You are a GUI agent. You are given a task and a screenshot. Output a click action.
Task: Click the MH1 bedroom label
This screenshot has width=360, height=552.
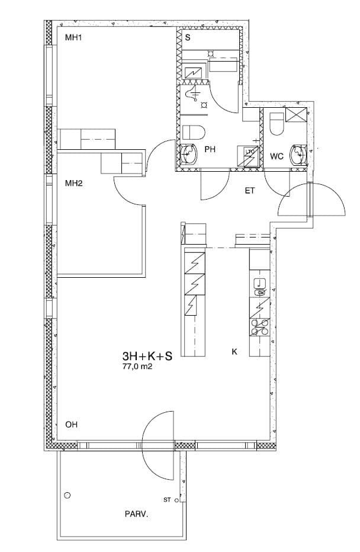click(x=73, y=38)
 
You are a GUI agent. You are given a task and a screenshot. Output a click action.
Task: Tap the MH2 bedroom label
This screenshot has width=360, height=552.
click(x=73, y=183)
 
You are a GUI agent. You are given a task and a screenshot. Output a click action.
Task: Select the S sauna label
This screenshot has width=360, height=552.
click(x=188, y=37)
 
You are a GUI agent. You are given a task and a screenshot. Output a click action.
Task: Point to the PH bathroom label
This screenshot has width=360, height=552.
click(x=210, y=149)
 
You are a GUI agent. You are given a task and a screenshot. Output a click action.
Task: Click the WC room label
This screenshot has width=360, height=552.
click(x=277, y=156)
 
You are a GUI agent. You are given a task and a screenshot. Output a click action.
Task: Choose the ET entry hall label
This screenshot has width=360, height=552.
click(x=250, y=191)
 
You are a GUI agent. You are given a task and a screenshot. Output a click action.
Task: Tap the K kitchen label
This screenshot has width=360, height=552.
click(x=234, y=351)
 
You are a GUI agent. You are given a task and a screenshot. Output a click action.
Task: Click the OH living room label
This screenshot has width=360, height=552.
click(x=72, y=425)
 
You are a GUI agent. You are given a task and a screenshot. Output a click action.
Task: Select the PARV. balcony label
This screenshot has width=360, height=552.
click(x=137, y=514)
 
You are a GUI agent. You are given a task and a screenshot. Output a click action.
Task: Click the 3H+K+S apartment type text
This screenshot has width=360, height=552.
click(x=147, y=357)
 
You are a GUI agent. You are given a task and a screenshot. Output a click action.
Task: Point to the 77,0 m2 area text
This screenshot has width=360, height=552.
click(x=137, y=367)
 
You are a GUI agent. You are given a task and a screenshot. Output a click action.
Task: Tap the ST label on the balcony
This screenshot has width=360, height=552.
click(x=167, y=499)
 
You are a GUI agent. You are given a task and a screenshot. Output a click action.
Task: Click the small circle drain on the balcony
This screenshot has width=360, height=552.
click(x=67, y=495)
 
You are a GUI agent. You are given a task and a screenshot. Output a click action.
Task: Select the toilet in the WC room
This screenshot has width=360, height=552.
click(x=277, y=124)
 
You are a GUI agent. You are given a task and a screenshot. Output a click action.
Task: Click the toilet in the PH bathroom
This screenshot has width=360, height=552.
click(x=194, y=132)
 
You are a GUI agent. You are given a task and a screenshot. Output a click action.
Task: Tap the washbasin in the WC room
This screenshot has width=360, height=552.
click(x=298, y=154)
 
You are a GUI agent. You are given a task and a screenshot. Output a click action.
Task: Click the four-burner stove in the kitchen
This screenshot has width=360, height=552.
click(x=260, y=327)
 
